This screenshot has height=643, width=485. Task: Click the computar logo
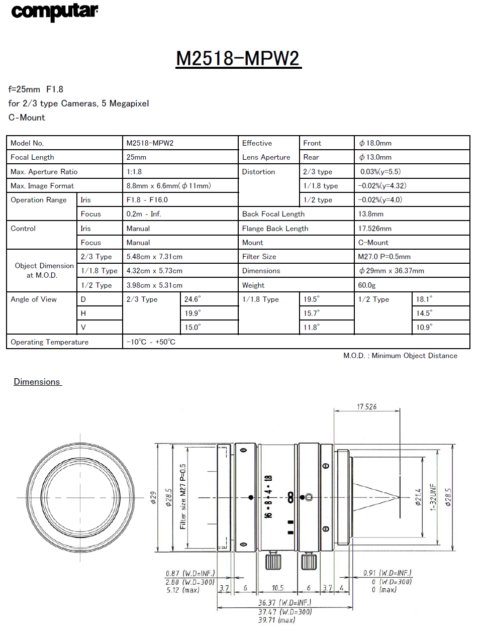click(x=54, y=12)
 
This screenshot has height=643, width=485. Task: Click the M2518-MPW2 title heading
click(x=238, y=59)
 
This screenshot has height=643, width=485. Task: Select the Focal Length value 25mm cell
click(x=136, y=157)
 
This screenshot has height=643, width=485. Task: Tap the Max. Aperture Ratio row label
click(x=44, y=172)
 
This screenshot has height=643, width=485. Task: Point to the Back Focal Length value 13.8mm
click(x=370, y=214)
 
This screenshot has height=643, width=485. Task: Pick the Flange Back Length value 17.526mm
click(x=374, y=229)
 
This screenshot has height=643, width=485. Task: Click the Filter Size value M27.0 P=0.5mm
click(x=384, y=257)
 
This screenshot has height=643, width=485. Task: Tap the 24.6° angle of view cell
click(x=192, y=299)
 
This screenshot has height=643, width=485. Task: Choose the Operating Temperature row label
click(x=49, y=342)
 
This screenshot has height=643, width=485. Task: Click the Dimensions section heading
click(x=37, y=382)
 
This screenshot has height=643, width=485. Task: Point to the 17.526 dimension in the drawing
click(x=366, y=406)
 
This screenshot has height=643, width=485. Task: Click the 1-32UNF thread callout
click(x=433, y=497)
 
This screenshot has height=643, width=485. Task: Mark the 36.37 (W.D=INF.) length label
click(x=284, y=602)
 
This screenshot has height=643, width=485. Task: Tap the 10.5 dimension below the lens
click(x=277, y=588)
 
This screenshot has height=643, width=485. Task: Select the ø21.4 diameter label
click(x=418, y=497)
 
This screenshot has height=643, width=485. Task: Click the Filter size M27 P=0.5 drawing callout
click(x=183, y=496)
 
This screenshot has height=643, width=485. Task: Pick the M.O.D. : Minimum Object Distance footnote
click(x=400, y=356)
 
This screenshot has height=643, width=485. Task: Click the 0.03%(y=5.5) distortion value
click(x=380, y=172)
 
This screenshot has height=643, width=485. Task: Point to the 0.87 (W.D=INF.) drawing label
click(x=190, y=573)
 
